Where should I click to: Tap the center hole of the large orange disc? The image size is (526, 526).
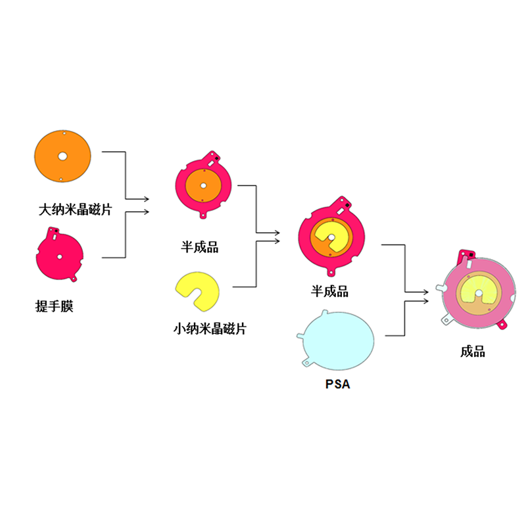point(62,156)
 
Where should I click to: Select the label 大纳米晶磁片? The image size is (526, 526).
point(75,210)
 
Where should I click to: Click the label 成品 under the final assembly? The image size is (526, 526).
point(473,352)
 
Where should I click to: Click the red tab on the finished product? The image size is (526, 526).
point(504,325)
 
